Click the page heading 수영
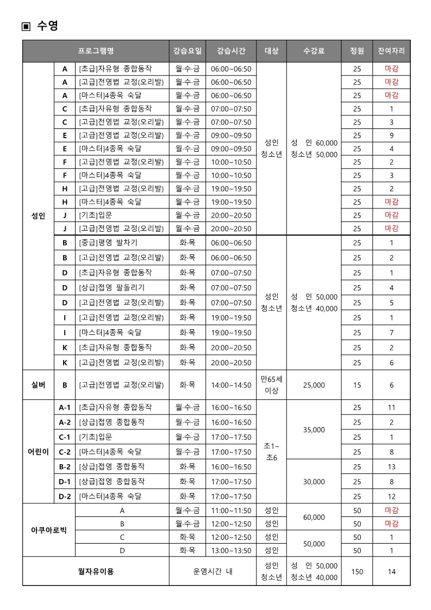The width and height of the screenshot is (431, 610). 47,26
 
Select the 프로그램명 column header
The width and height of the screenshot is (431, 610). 96,51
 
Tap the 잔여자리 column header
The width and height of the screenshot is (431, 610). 391,51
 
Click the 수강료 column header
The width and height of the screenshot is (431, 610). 314,51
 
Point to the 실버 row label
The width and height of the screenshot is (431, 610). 38,385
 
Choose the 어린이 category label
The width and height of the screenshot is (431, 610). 38,452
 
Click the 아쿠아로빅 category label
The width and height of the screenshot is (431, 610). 49,530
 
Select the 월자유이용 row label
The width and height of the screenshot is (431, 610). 96,571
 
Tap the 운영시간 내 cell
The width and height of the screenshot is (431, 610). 213,571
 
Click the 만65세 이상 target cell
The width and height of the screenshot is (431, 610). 271,385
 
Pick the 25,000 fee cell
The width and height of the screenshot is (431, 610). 314,385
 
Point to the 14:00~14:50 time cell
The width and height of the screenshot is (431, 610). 231,385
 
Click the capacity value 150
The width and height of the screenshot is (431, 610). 357,571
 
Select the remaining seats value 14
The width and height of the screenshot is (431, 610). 391,571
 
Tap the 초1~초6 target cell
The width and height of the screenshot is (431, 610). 271,452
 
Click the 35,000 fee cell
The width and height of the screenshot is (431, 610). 314,429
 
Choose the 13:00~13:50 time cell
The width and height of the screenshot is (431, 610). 231,550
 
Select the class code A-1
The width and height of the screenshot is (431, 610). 65,407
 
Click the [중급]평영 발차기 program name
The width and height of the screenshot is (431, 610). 108,243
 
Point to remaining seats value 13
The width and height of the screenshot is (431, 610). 391,466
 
